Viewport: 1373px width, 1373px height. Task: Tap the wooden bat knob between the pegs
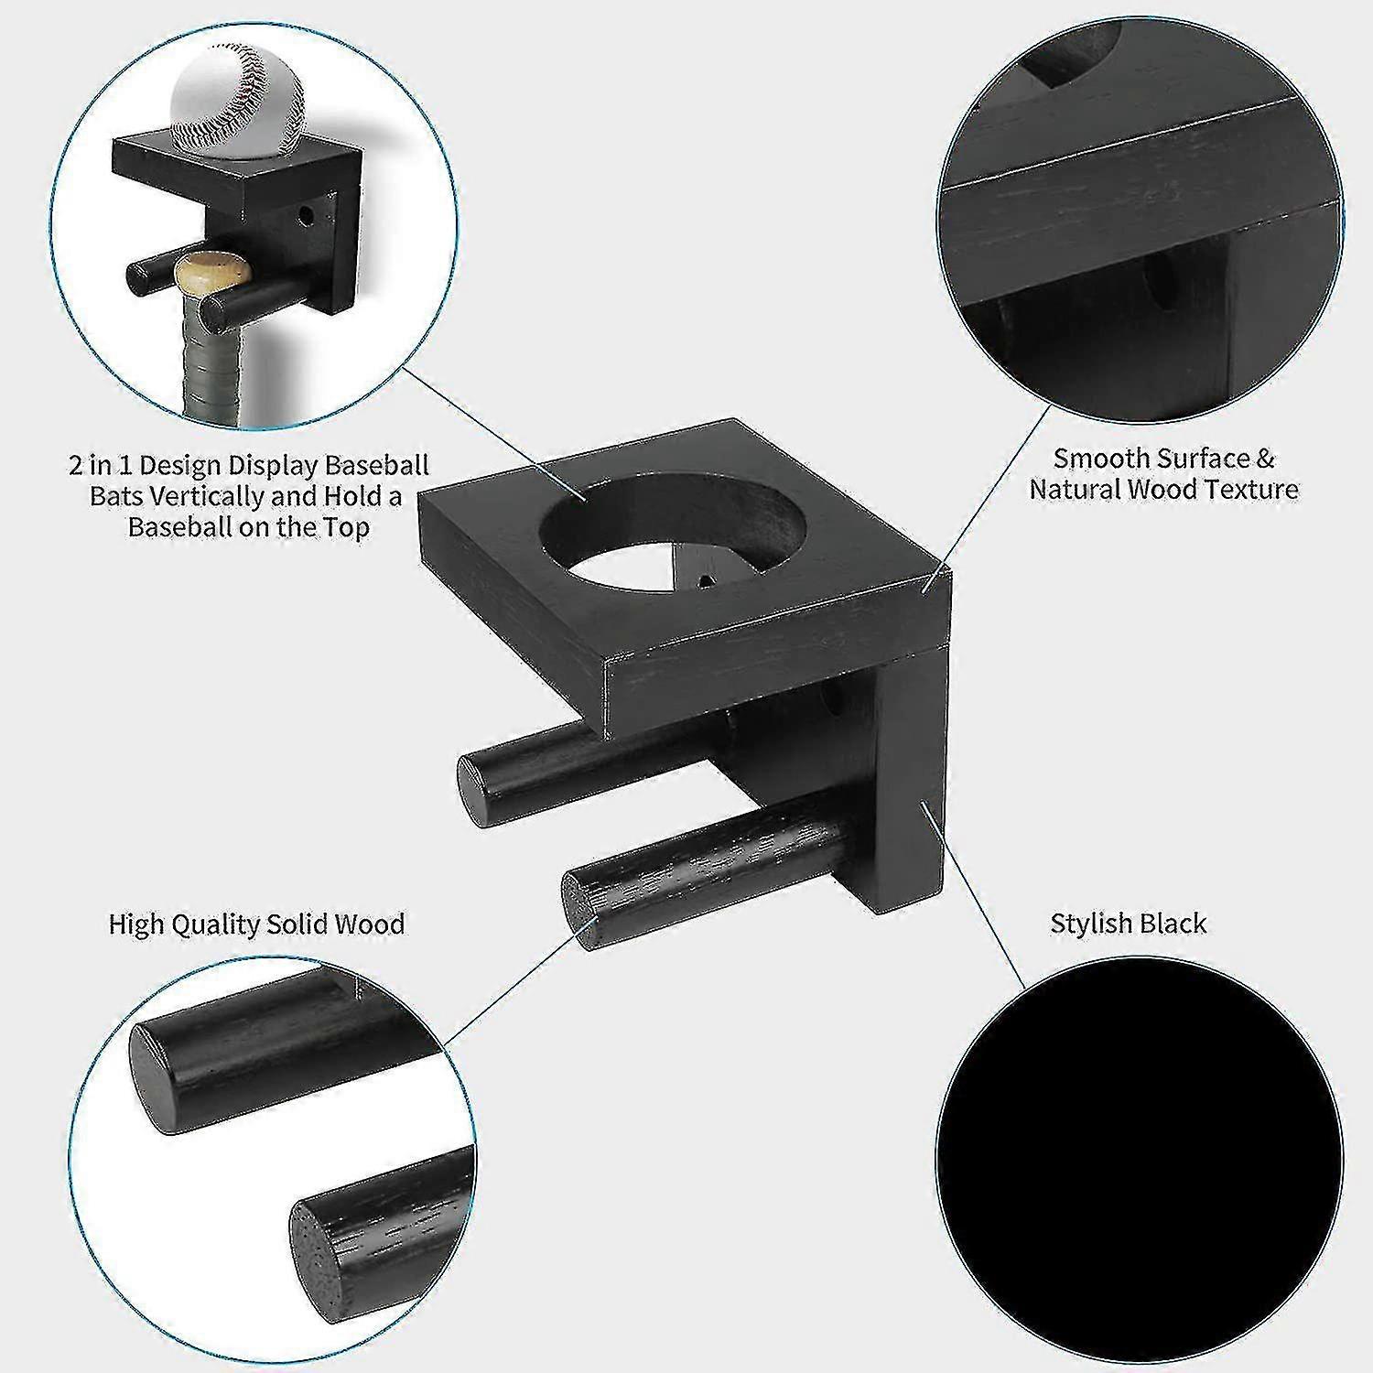tap(212, 272)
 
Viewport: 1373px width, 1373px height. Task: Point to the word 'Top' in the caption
tap(344, 527)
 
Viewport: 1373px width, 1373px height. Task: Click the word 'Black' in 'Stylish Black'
tap(1174, 923)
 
